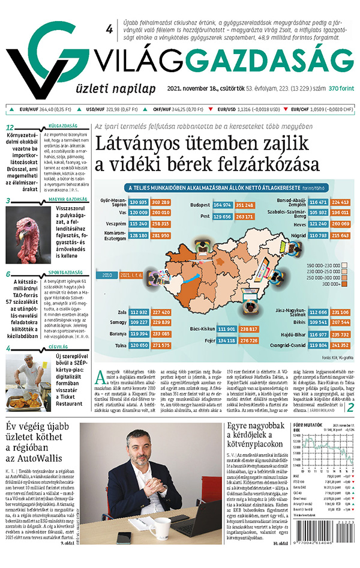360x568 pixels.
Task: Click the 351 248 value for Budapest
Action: point(244,205)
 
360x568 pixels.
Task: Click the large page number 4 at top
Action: point(109,29)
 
